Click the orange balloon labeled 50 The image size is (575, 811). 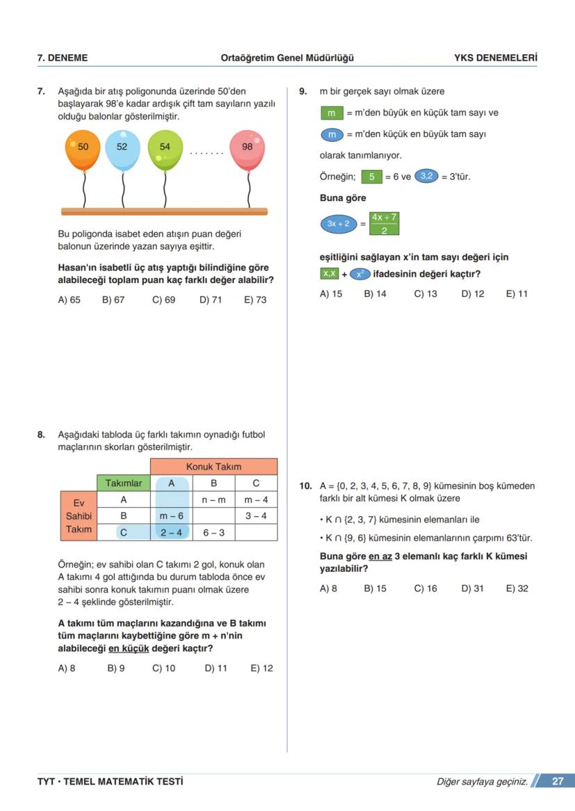pyautogui.click(x=82, y=149)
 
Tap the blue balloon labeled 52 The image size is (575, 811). pyautogui.click(x=123, y=148)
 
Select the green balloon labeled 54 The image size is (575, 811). pyautogui.click(x=165, y=148)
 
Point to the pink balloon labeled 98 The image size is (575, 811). pyautogui.click(x=247, y=149)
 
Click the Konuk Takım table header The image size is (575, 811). pyautogui.click(x=213, y=466)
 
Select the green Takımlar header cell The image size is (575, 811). pyautogui.click(x=124, y=483)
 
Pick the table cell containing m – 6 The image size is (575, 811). pyautogui.click(x=171, y=516)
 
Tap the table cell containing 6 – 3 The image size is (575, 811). pyautogui.click(x=213, y=533)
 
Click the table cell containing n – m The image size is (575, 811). pyautogui.click(x=213, y=500)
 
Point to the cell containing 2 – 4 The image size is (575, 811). pyautogui.click(x=171, y=533)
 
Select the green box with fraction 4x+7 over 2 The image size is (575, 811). pyautogui.click(x=384, y=224)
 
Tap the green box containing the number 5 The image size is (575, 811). pyautogui.click(x=372, y=177)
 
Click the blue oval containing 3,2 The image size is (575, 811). pyautogui.click(x=426, y=177)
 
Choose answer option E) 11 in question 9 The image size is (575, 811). pyautogui.click(x=517, y=294)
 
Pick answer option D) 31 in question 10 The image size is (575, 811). pyautogui.click(x=472, y=589)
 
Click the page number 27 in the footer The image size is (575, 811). pyautogui.click(x=557, y=781)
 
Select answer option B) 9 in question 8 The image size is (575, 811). pyautogui.click(x=116, y=669)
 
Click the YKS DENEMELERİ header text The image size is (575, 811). pyautogui.click(x=495, y=58)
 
